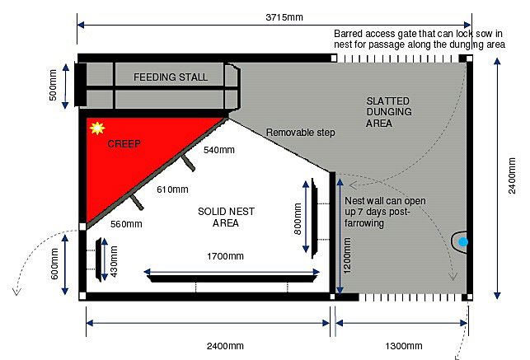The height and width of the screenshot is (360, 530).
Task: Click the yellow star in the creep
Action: click(97, 128)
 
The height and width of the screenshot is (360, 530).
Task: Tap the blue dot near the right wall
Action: click(463, 241)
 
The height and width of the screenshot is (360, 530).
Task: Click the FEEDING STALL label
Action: click(171, 77)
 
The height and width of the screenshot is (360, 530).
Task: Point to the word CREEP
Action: click(124, 143)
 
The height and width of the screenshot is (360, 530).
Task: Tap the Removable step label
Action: click(300, 133)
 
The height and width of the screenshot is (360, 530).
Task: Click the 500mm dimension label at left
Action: click(54, 84)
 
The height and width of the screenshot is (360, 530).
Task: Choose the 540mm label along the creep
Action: click(219, 150)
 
